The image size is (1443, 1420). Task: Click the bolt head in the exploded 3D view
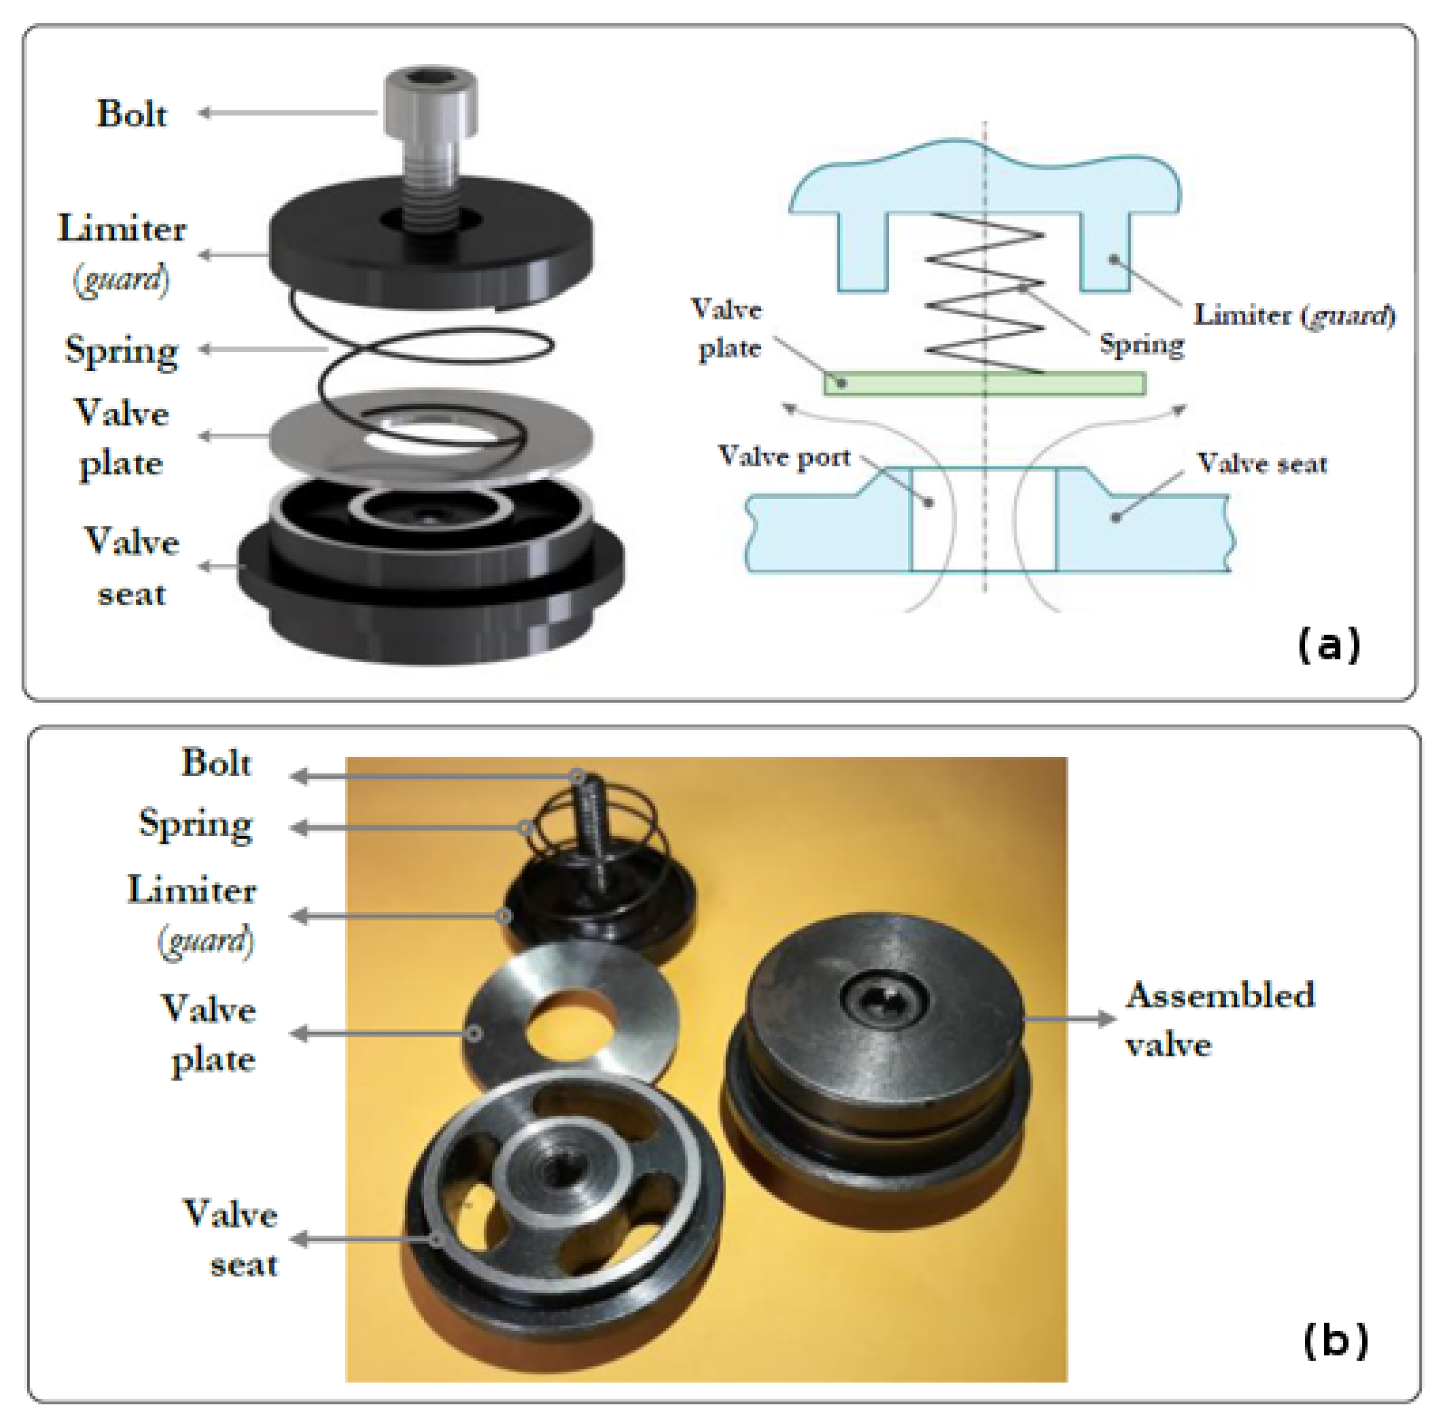(430, 101)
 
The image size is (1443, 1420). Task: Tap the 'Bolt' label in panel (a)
(131, 114)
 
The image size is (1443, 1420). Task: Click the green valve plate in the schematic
(984, 383)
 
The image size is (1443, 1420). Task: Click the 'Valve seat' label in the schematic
(1262, 464)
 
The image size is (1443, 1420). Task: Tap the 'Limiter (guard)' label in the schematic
(1294, 315)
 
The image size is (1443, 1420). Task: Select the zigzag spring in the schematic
(984, 295)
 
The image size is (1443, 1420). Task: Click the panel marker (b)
(1335, 1340)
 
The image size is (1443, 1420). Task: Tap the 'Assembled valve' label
(1219, 1020)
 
